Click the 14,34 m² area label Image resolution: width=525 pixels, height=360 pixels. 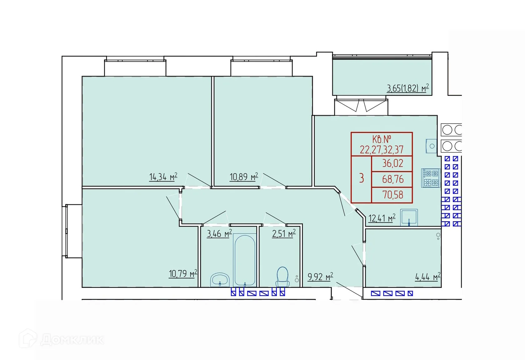pos(163,177)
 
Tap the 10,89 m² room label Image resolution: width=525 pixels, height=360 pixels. pos(244,177)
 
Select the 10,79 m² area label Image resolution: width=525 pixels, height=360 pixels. pos(183,274)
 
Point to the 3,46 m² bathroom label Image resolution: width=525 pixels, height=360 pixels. pos(219,233)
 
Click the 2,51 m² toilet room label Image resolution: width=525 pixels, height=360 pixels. pos(283,233)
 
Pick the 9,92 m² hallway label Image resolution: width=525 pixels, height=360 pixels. pos(320,277)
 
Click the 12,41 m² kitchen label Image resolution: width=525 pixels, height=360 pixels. pos(382,218)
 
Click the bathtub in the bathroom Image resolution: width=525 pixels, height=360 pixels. pos(245,260)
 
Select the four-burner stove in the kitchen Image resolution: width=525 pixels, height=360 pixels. pos(431,178)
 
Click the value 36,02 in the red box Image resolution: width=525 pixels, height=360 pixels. pos(392,163)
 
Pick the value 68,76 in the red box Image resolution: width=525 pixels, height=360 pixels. pos(392,179)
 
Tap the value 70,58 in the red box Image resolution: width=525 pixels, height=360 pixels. pos(392,195)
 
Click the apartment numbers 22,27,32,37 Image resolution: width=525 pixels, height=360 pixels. pos(382,150)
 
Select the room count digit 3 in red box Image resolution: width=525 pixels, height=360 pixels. pos(362,178)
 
